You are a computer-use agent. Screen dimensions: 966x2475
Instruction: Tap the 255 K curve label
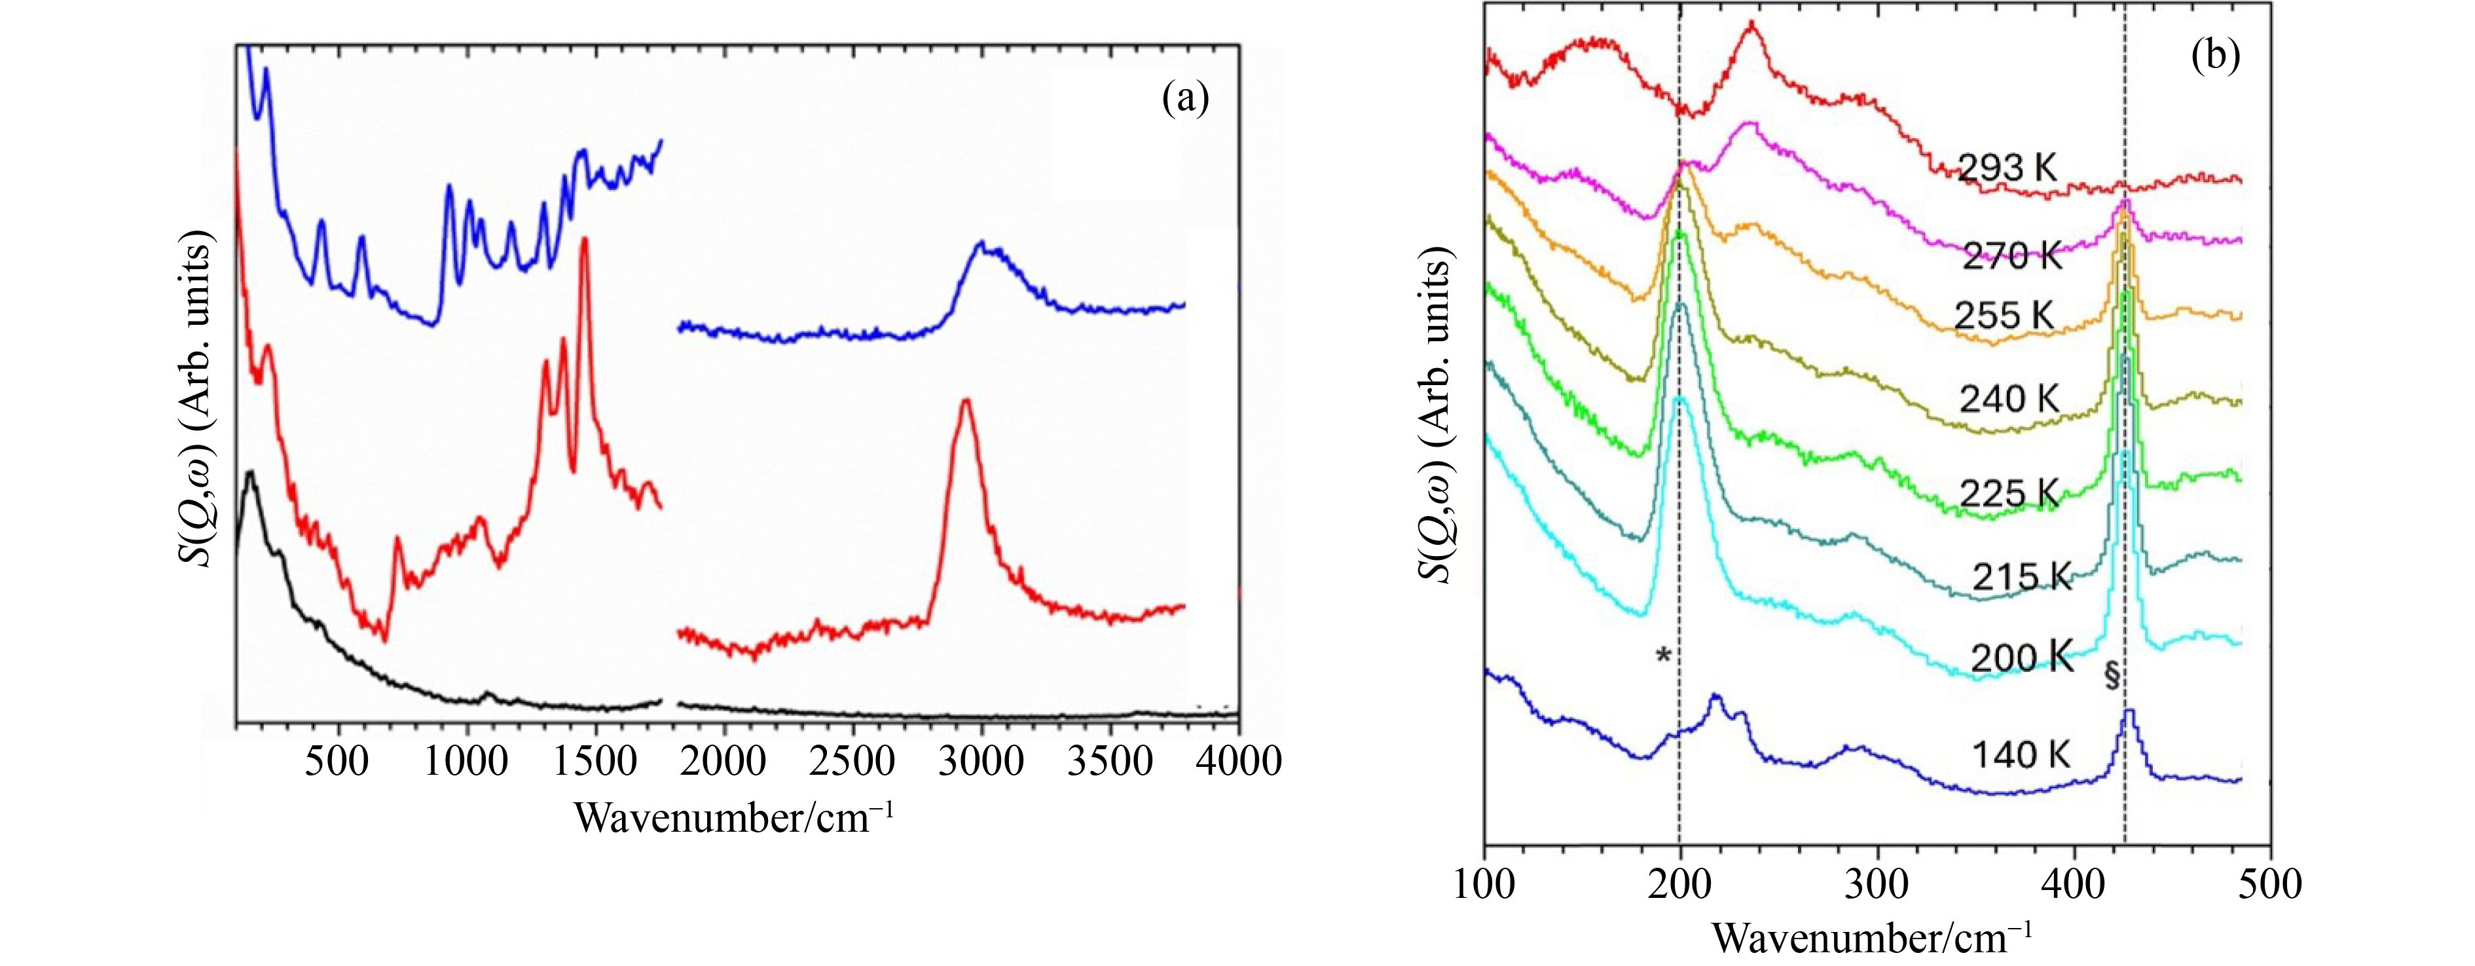pos(2004,315)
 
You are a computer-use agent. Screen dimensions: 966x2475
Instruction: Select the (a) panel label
pos(1184,98)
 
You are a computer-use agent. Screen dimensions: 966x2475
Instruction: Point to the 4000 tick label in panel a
pos(1237,761)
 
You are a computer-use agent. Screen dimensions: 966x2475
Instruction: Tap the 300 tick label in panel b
pos(1877,882)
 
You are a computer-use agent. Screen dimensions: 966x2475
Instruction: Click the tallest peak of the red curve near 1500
pos(584,240)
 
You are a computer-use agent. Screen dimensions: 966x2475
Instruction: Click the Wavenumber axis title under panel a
pos(735,818)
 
